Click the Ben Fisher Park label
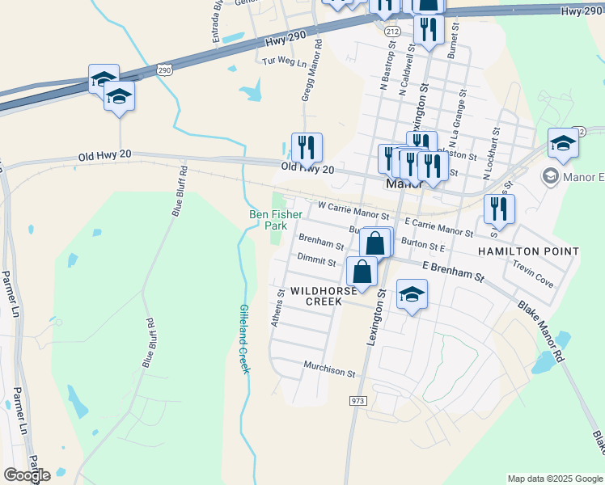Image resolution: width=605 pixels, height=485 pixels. click(x=276, y=220)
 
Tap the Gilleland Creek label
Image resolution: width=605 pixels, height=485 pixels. click(x=244, y=339)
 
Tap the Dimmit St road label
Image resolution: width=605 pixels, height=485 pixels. click(x=316, y=261)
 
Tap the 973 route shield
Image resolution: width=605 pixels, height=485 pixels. click(x=358, y=401)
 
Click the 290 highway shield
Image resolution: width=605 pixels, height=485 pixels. click(x=164, y=70)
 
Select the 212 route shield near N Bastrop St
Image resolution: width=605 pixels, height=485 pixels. click(x=392, y=32)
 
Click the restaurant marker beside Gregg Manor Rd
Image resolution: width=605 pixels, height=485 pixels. click(x=307, y=147)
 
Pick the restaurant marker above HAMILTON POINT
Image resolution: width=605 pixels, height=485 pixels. click(x=499, y=209)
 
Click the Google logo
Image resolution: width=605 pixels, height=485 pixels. click(x=27, y=475)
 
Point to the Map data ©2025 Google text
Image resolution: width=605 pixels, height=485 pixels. click(x=555, y=479)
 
